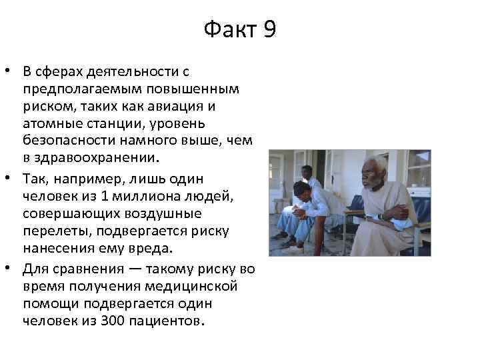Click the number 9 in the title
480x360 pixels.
269,30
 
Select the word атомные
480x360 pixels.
51,123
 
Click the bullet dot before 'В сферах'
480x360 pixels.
11,71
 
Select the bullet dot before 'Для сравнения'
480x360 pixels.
11,269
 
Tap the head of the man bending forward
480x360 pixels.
301,191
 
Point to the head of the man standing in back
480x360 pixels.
307,172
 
